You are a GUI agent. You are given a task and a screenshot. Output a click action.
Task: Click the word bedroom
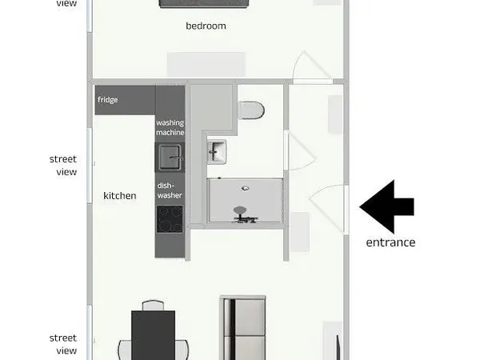[x=206, y=26]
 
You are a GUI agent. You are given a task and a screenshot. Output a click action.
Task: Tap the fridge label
[x=108, y=100]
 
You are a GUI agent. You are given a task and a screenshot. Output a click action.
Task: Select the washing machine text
[x=170, y=127]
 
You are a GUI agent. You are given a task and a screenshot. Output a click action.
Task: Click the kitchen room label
[x=119, y=195]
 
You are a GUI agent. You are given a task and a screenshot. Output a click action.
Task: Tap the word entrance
[x=390, y=242]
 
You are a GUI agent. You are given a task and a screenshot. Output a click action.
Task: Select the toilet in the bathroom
[x=251, y=110]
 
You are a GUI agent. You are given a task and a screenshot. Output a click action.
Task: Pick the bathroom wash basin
[x=218, y=150]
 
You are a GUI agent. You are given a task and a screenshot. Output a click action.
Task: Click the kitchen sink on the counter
[x=169, y=156]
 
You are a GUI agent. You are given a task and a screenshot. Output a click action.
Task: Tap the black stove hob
[x=169, y=216]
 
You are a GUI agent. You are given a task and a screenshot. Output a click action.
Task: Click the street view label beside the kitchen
[x=62, y=166]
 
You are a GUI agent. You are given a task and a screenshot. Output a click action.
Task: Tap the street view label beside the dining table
[x=62, y=345]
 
